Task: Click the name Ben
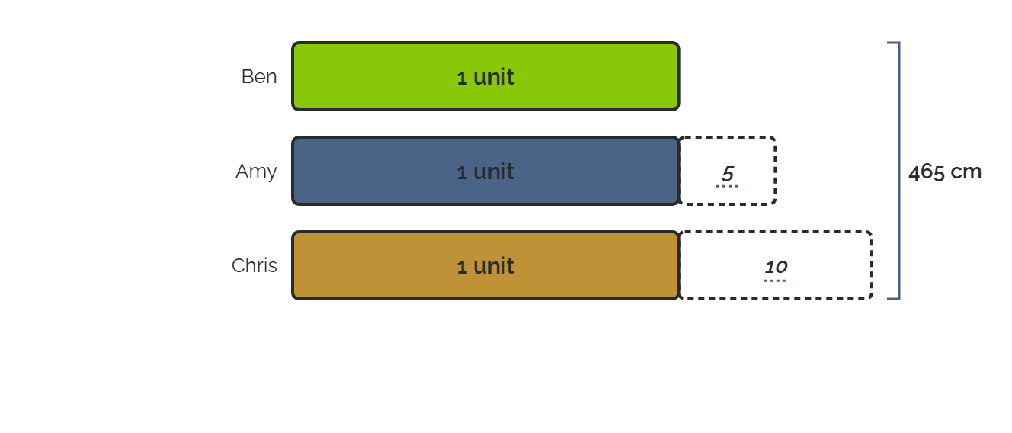[259, 76]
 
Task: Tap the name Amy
[256, 172]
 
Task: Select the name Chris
[255, 265]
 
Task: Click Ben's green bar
[485, 76]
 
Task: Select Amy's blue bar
[485, 171]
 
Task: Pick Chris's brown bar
[485, 265]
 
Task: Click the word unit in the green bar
[493, 77]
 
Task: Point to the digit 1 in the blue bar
[461, 172]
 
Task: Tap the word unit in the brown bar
[493, 266]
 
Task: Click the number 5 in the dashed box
[727, 173]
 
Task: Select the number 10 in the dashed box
[777, 267]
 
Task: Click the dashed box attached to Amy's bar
[776, 171]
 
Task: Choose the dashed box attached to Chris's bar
[873, 265]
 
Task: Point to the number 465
[926, 172]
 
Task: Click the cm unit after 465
[966, 172]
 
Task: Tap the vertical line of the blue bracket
[899, 171]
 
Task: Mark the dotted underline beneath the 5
[727, 186]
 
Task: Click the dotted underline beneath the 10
[775, 281]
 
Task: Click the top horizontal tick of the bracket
[894, 43]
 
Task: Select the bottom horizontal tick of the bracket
[894, 298]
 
